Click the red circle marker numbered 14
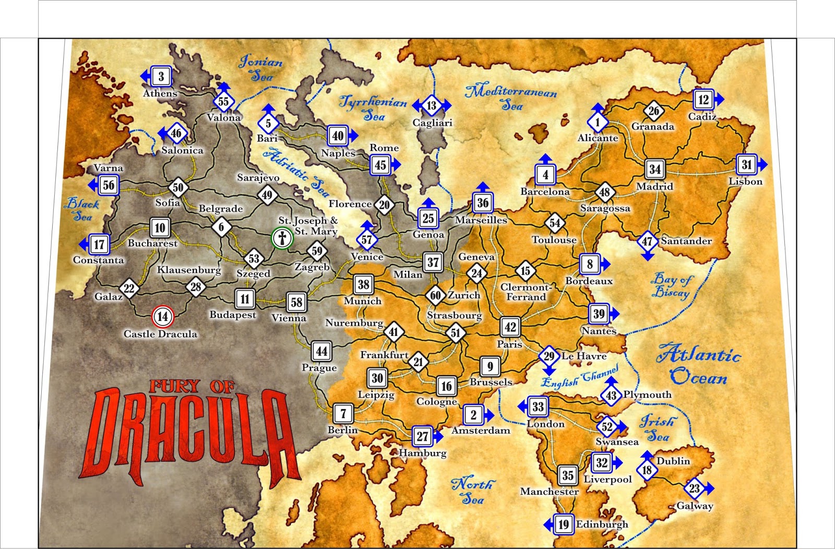tap(162, 316)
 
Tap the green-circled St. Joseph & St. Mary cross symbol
tap(282, 238)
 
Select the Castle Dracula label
tap(160, 334)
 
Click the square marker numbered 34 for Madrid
tap(654, 169)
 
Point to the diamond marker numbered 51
tap(456, 333)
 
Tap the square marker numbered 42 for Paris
tap(510, 327)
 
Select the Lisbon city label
tap(745, 182)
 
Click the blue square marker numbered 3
tap(161, 77)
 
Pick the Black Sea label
tap(81, 210)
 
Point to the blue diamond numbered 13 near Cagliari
tap(432, 106)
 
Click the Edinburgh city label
tap(602, 524)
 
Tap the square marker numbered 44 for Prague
tap(321, 351)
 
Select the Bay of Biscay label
tap(671, 286)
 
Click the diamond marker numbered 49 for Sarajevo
tap(267, 195)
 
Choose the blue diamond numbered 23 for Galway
tap(694, 488)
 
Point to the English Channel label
tap(579, 377)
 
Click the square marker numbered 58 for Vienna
tap(296, 302)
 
